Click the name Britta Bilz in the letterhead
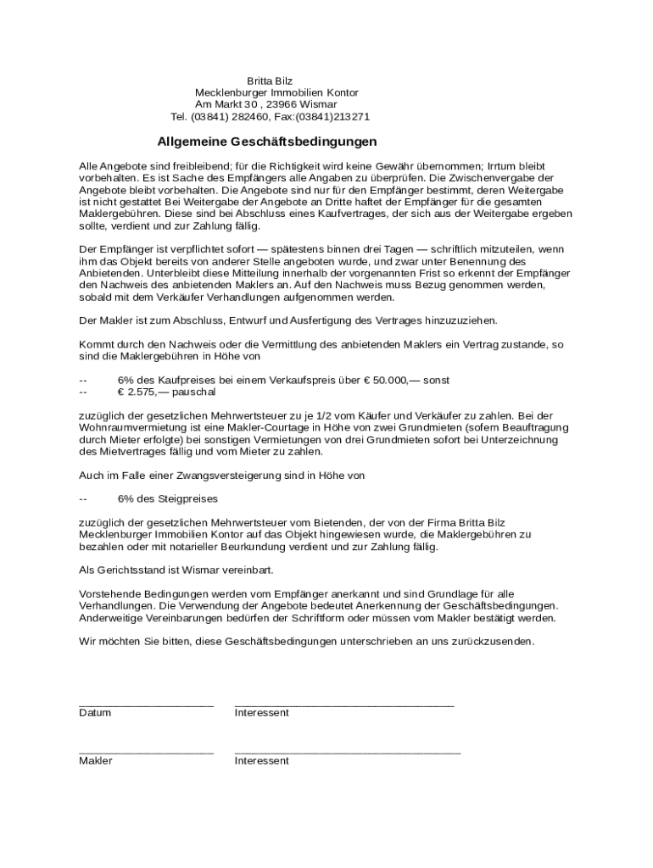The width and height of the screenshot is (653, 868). (269, 81)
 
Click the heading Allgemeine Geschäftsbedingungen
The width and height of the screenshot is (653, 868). (267, 142)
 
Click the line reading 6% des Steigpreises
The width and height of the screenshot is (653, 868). (167, 498)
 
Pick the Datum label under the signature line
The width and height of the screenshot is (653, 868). (95, 713)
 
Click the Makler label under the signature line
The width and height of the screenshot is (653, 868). (96, 761)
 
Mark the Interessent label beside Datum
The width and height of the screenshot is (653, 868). (261, 713)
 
